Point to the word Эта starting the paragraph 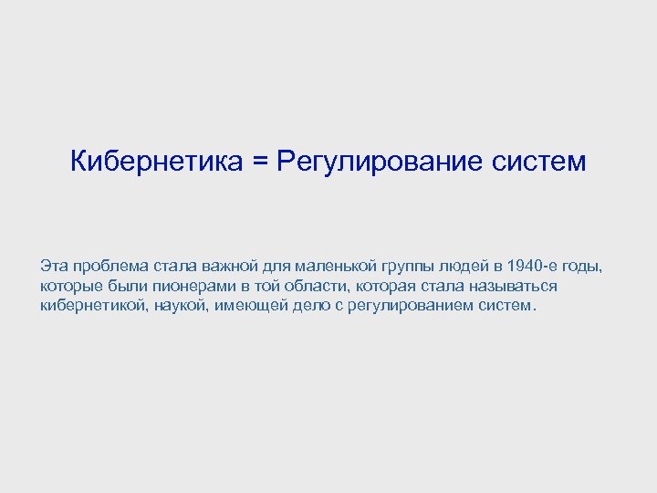coord(54,266)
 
